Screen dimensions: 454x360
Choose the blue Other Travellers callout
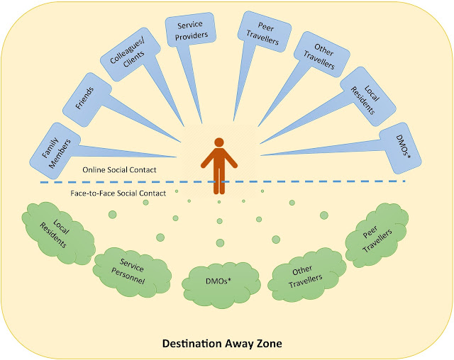[x=316, y=55]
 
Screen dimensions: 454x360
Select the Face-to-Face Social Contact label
[x=118, y=193]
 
